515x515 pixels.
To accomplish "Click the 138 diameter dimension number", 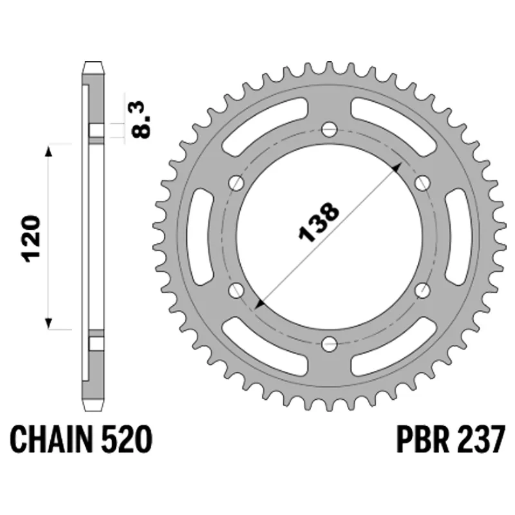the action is [318, 222].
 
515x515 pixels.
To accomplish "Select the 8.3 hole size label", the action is [142, 120].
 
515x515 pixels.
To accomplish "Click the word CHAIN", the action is [51, 439].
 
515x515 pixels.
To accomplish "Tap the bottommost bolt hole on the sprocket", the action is [330, 344].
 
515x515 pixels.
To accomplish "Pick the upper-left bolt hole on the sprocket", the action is [236, 183].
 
